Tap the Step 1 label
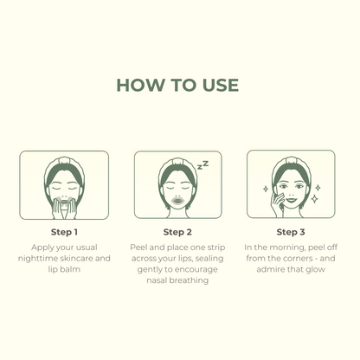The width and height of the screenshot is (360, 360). (x=64, y=232)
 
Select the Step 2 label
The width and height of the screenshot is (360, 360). (x=177, y=232)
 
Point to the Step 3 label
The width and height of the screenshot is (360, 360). (x=291, y=232)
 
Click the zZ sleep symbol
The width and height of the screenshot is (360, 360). (x=202, y=165)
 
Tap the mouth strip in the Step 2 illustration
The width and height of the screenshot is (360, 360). (x=177, y=201)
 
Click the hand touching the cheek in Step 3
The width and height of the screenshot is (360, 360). (x=278, y=205)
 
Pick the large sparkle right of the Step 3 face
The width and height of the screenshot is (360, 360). (x=315, y=199)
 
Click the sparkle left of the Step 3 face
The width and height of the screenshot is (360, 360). (x=266, y=189)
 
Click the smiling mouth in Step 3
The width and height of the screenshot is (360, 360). (x=291, y=199)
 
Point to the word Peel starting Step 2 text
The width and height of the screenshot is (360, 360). (x=138, y=247)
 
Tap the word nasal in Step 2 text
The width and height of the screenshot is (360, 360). (x=157, y=280)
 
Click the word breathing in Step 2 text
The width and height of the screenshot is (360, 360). (x=189, y=280)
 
